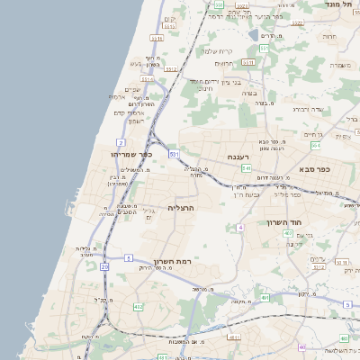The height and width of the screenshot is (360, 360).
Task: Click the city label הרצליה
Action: (182, 208)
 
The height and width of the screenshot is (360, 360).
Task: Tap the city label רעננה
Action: (238, 157)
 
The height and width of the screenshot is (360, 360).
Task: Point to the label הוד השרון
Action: (283, 221)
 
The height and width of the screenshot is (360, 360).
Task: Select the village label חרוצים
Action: (225, 63)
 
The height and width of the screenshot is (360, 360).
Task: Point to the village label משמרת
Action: (340, 65)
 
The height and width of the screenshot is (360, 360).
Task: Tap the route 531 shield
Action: (173, 155)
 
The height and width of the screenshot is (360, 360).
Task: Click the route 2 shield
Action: (121, 142)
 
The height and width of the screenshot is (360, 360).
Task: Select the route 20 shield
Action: (104, 266)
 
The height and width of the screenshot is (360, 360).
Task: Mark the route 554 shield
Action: (315, 144)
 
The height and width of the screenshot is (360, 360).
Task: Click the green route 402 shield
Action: (138, 307)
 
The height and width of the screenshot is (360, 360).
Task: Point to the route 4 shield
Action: (240, 228)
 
